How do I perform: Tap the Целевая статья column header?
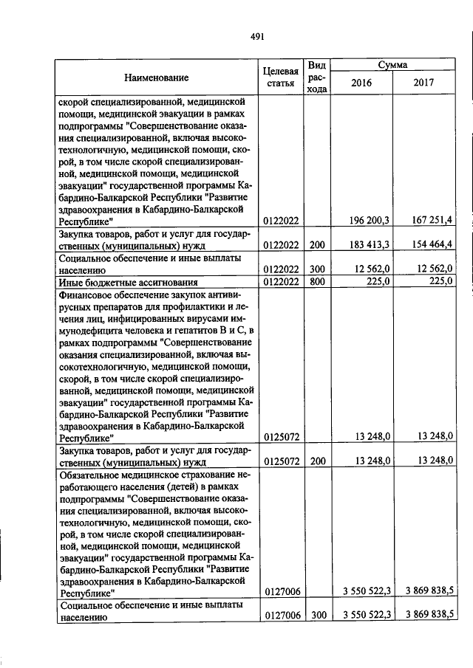click(280, 78)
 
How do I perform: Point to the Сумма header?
click(393, 65)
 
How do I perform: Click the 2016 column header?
click(361, 83)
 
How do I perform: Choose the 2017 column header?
click(425, 83)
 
